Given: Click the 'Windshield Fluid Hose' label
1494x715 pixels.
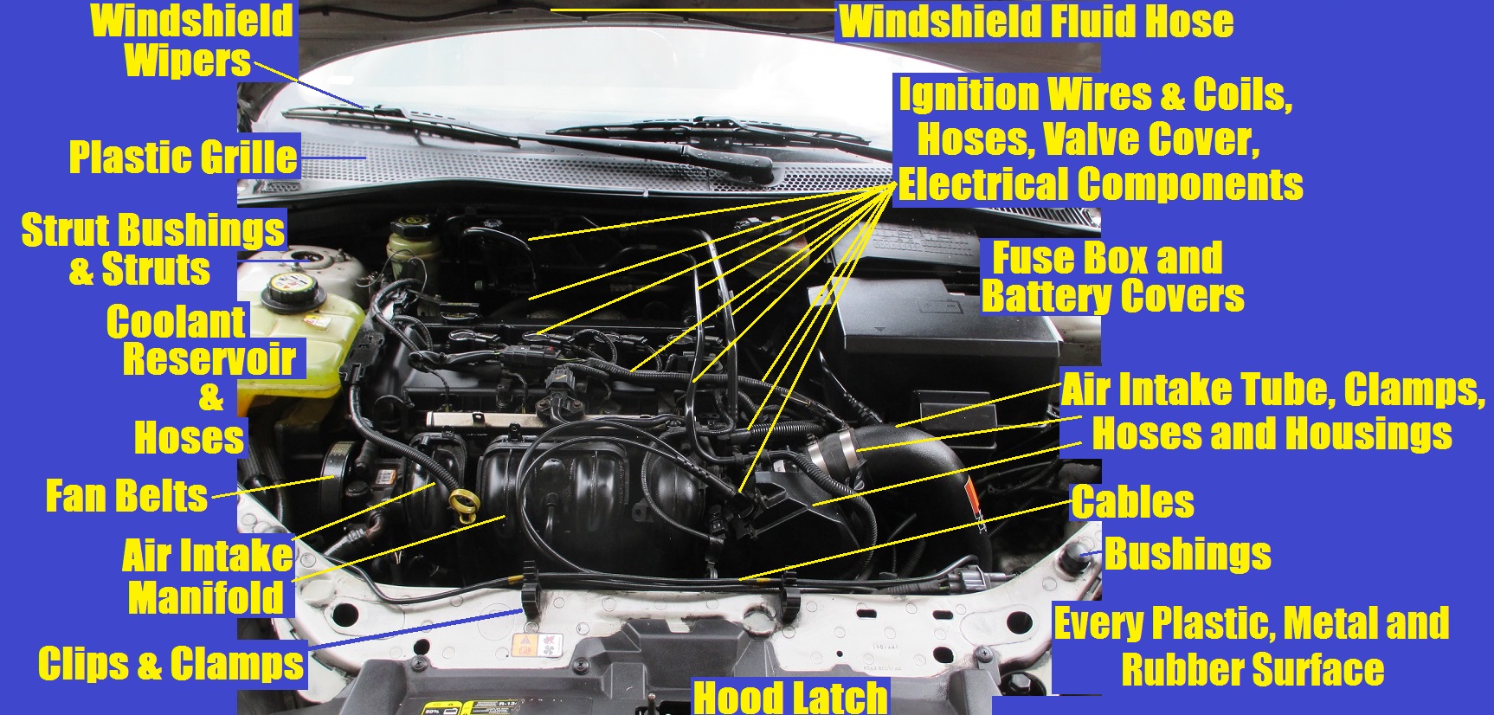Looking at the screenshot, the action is [x=1036, y=22].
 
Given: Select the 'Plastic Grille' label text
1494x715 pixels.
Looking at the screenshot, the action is [x=184, y=158].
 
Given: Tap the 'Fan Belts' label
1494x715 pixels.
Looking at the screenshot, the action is [x=126, y=497].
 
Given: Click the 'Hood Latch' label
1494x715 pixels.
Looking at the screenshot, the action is [x=790, y=697].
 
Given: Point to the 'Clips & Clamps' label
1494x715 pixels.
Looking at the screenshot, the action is [x=171, y=664].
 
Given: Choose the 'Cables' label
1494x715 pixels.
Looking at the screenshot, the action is [x=1132, y=502].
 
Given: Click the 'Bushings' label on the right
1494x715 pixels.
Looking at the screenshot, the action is [x=1188, y=554].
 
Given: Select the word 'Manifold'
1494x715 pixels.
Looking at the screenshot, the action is [x=206, y=597].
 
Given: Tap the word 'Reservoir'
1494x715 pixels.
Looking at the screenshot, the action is [x=209, y=358].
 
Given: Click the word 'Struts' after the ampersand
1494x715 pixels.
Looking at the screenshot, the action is [x=156, y=269].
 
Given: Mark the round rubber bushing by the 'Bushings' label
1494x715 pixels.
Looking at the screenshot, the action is [x=1079, y=558].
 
